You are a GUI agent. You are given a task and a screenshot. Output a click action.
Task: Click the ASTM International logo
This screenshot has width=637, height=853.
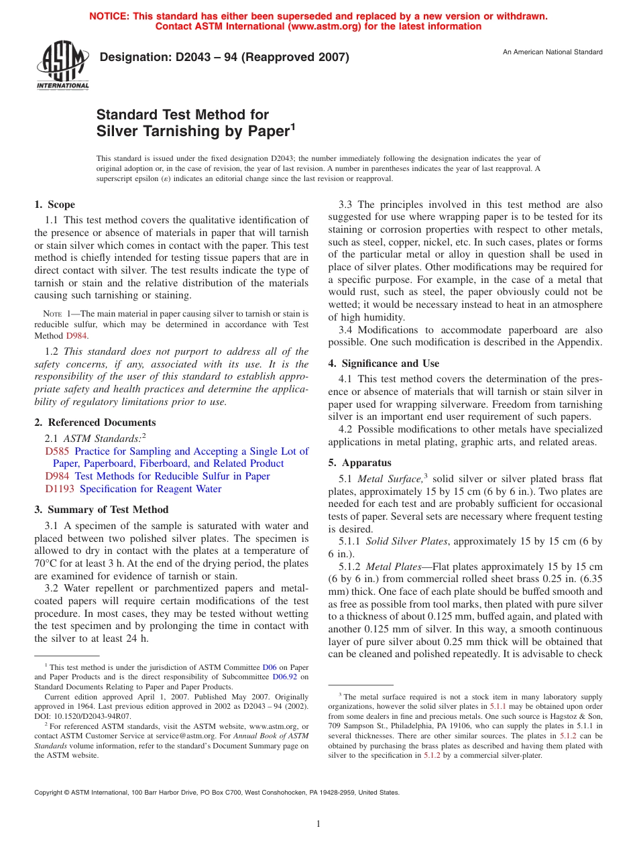coord(62,65)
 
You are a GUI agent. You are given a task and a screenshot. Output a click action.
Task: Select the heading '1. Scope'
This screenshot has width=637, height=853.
coord(55,205)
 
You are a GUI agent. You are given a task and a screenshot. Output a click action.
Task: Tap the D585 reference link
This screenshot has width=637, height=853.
coord(56,451)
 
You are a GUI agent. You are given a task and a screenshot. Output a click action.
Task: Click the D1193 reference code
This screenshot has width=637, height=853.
coord(59,489)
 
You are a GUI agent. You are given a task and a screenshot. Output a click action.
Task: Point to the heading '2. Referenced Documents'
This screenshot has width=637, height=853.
coord(95,422)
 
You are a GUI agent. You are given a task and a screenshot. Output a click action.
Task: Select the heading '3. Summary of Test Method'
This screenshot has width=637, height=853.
coord(102,510)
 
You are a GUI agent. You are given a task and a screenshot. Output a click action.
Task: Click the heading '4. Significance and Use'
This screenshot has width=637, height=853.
coord(384,363)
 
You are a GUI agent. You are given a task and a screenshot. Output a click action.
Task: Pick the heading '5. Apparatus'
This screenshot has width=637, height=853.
coord(359,463)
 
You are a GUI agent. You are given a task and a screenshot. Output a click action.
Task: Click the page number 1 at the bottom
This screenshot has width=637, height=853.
coord(318,823)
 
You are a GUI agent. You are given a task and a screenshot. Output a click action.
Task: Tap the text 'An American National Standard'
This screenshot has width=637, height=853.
coord(553,52)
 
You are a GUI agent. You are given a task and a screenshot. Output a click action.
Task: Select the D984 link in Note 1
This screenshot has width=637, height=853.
coord(76,335)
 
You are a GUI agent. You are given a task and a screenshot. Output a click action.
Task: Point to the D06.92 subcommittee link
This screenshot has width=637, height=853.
coord(287,677)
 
